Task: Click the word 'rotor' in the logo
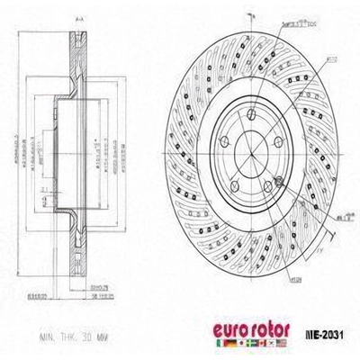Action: (267, 328)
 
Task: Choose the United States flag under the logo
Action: (282, 342)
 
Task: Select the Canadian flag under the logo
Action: (262, 342)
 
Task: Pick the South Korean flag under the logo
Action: (272, 342)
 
